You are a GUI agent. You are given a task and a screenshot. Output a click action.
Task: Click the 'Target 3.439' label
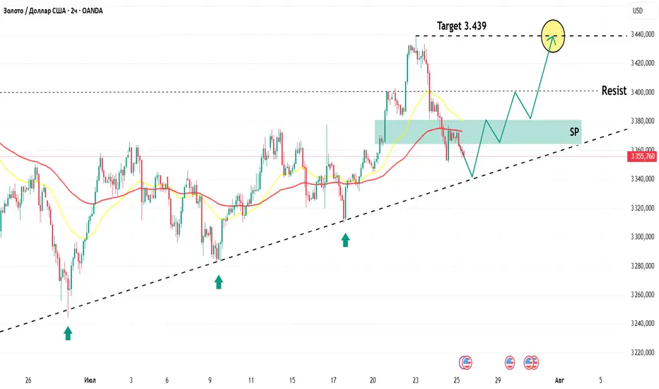pos(462,26)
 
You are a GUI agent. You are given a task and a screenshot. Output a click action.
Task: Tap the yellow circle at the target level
pos(553,36)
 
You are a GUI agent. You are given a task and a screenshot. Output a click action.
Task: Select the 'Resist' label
pos(614,91)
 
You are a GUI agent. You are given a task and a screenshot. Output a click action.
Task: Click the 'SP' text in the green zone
pos(574,132)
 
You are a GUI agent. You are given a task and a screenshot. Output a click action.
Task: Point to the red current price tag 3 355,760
pos(642,157)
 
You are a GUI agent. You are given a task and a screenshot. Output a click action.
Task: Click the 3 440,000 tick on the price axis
pos(643,35)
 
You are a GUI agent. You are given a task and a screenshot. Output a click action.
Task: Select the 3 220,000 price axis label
pos(643,352)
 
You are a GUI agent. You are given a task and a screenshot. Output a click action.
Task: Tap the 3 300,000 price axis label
pos(643,237)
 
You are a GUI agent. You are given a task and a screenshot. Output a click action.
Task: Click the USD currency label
pos(638,11)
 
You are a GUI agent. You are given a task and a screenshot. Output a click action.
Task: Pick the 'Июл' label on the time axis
pos(90,381)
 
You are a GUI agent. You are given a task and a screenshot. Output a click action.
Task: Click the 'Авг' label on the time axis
pos(559,381)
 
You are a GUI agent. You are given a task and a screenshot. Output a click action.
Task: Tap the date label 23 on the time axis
pos(415,381)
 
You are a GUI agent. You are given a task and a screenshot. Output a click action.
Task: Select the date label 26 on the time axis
pos(28,381)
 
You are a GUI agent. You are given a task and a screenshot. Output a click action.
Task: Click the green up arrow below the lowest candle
pos(68,334)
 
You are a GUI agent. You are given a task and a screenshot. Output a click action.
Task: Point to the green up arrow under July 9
pos(218,282)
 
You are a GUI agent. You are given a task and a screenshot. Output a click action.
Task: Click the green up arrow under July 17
pos(346,240)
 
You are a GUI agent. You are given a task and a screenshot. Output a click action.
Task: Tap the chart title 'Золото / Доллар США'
pos(35,11)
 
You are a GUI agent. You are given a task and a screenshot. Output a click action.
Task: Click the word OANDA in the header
pos(93,11)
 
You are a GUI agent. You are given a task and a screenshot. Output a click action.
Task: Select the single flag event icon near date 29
pos(510,363)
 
